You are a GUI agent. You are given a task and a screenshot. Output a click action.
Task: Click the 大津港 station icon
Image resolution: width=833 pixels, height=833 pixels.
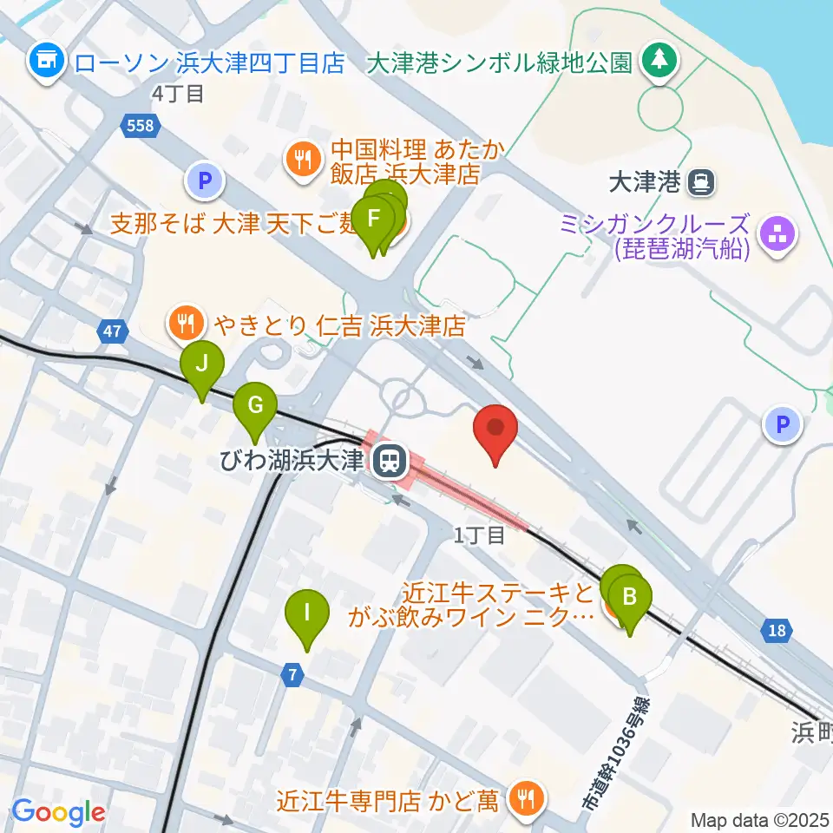699,182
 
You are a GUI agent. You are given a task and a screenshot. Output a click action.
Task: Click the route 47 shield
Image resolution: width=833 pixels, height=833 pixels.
110,331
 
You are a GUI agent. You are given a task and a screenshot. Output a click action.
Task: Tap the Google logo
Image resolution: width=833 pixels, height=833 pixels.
59,812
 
